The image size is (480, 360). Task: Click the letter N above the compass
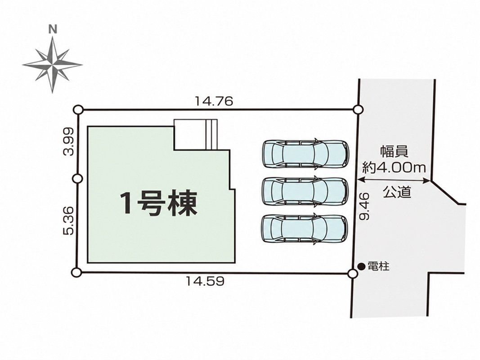[x=53, y=29]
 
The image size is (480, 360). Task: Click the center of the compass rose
[x=53, y=65]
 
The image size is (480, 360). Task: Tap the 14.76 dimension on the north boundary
[x=214, y=101]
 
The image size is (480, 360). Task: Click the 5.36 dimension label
[x=68, y=220]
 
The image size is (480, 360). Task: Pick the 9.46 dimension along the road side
[x=365, y=206]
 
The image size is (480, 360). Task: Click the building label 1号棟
[x=158, y=203]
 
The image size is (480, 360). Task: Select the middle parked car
[x=305, y=191]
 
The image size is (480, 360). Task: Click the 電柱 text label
[x=378, y=266]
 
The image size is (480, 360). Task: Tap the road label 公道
[x=397, y=192]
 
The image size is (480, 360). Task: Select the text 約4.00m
[x=394, y=167]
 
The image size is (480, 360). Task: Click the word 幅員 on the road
[x=394, y=151]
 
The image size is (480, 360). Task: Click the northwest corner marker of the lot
[x=78, y=110]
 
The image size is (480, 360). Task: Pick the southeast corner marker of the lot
[x=353, y=273]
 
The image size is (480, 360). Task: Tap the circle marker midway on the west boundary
[x=78, y=179]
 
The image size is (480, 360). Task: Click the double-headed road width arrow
[x=394, y=180]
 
